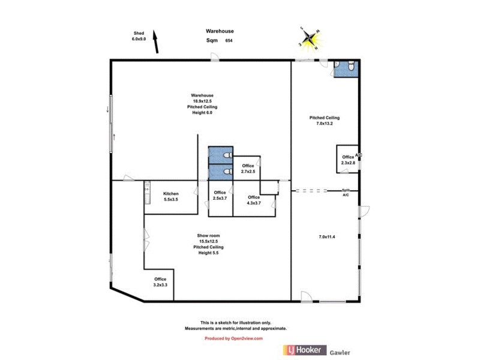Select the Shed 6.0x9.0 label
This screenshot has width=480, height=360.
139,36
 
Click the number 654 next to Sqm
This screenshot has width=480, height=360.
229,41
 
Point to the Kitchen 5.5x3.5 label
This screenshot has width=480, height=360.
171,197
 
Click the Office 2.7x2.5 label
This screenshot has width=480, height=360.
248,169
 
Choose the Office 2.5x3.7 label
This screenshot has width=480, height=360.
220,196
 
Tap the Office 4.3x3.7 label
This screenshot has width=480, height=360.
254,200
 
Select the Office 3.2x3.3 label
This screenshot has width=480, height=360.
160,282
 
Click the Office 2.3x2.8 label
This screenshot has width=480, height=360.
348,160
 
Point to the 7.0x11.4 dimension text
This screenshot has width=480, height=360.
327,237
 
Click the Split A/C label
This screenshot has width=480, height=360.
346,193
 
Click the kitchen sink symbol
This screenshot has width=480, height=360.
147,194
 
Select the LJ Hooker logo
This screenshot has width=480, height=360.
304,350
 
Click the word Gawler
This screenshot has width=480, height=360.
340,353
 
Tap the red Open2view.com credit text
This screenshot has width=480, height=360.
234,338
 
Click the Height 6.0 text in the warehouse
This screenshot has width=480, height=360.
202,112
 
